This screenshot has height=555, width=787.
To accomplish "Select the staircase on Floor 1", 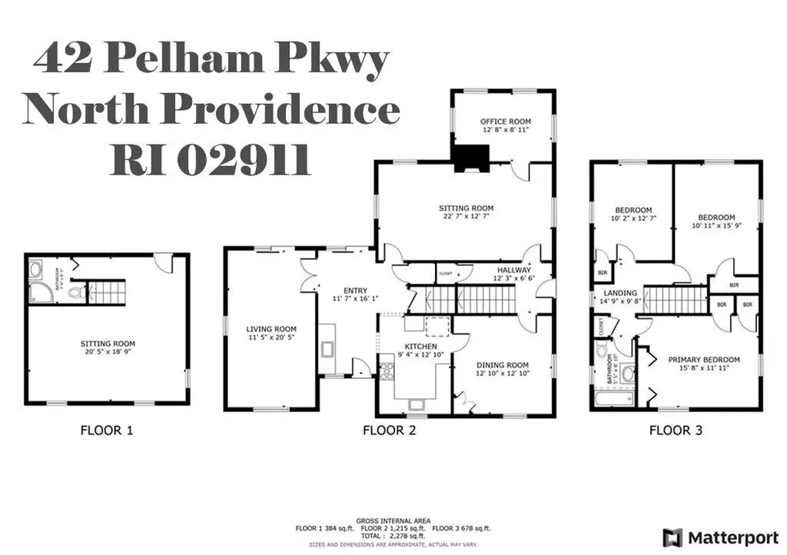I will pyautogui.click(x=106, y=292).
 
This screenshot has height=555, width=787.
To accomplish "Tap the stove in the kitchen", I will pyautogui.click(x=386, y=373).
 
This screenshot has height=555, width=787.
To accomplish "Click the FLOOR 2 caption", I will pyautogui.click(x=389, y=431).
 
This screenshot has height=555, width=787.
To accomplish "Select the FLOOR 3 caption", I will pyautogui.click(x=676, y=431).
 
